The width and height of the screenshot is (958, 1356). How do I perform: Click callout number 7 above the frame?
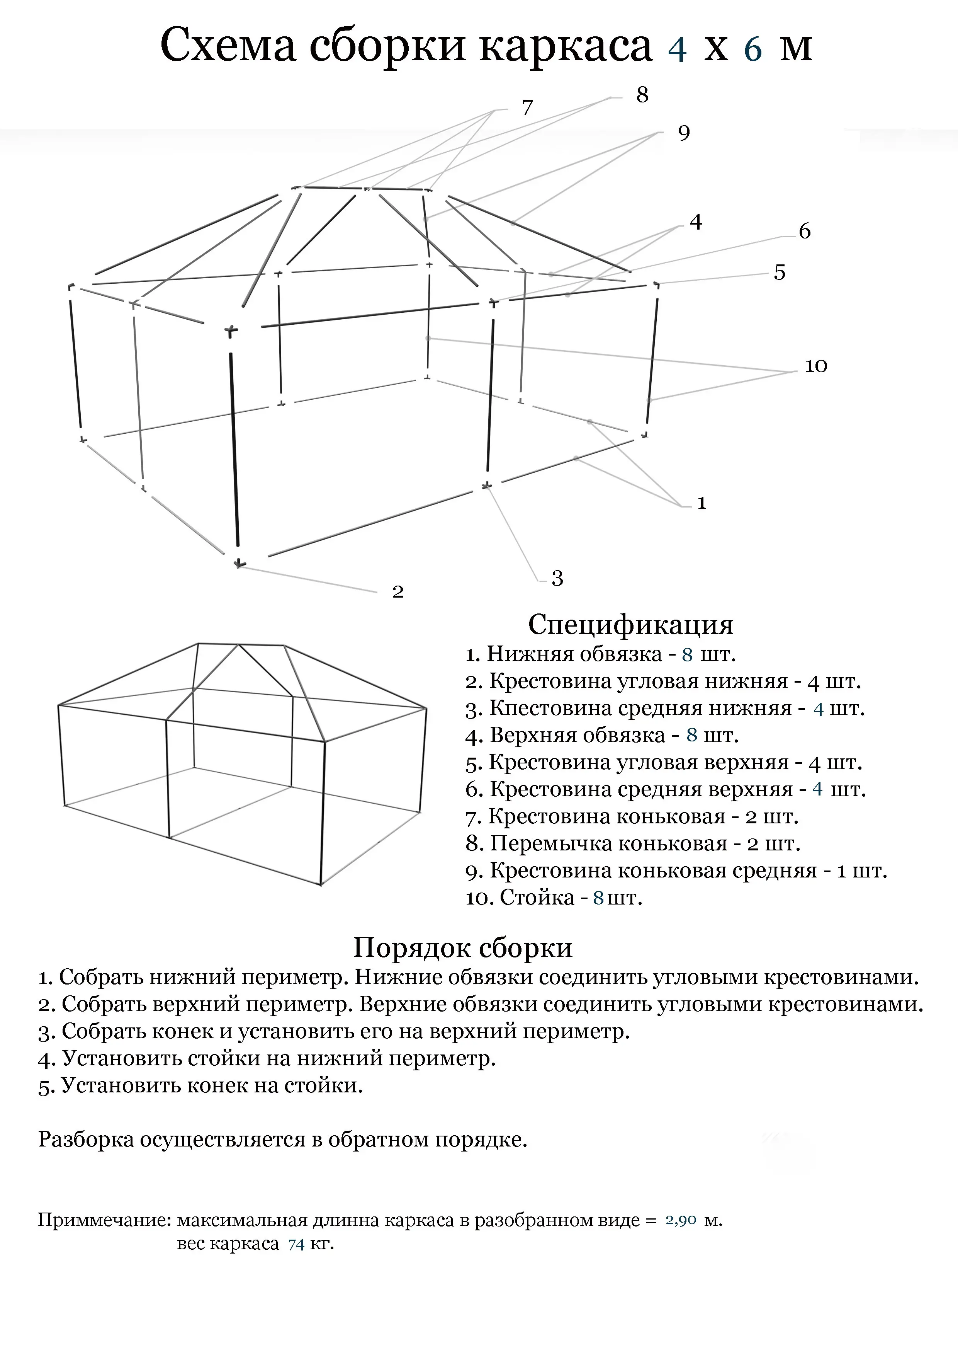(x=527, y=107)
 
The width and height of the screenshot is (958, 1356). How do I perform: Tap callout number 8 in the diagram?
(x=642, y=94)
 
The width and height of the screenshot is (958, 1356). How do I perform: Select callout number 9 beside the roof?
(x=683, y=133)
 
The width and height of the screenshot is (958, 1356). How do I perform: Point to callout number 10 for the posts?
(x=816, y=366)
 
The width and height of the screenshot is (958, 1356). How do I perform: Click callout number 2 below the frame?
(x=398, y=591)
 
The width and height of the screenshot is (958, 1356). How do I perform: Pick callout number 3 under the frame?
(x=557, y=578)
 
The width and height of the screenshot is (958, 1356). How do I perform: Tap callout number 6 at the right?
(x=805, y=231)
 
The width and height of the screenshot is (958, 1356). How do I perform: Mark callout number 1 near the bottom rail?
(x=701, y=503)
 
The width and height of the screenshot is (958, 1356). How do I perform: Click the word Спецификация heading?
(x=630, y=624)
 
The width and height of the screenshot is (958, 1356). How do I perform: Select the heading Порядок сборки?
(x=463, y=948)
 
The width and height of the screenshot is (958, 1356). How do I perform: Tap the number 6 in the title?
(x=753, y=48)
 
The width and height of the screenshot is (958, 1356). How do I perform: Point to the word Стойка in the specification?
(x=537, y=898)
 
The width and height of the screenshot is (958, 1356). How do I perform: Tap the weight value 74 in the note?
(x=296, y=1244)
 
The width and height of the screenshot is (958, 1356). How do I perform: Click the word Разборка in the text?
(x=86, y=1139)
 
